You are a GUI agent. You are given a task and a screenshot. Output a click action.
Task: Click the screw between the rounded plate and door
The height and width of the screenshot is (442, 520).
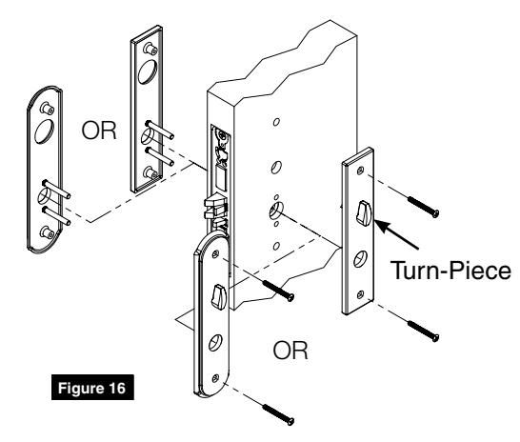[x=276, y=291]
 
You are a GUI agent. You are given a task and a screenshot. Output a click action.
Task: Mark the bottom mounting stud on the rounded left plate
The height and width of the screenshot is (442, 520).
[x=43, y=231]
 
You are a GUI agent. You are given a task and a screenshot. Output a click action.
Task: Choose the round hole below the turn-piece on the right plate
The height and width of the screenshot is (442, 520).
[x=365, y=256]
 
